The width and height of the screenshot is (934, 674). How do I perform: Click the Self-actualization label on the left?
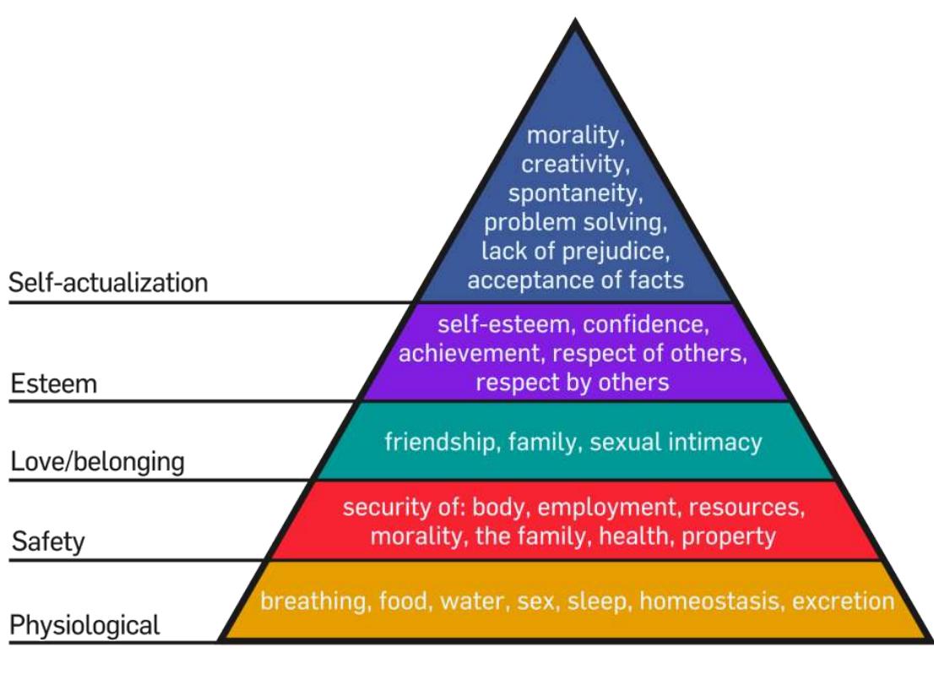[x=108, y=283]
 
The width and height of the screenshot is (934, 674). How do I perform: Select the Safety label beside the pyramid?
[x=48, y=541]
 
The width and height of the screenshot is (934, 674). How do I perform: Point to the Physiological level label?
[x=84, y=626]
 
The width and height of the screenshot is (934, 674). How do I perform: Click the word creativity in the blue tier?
[x=576, y=164]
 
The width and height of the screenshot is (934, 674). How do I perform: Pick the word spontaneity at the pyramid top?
[x=576, y=193]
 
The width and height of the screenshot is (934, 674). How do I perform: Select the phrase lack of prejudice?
[x=576, y=251]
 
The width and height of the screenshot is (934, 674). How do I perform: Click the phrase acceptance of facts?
[x=576, y=280]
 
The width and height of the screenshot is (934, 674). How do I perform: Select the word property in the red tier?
[x=729, y=535]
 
